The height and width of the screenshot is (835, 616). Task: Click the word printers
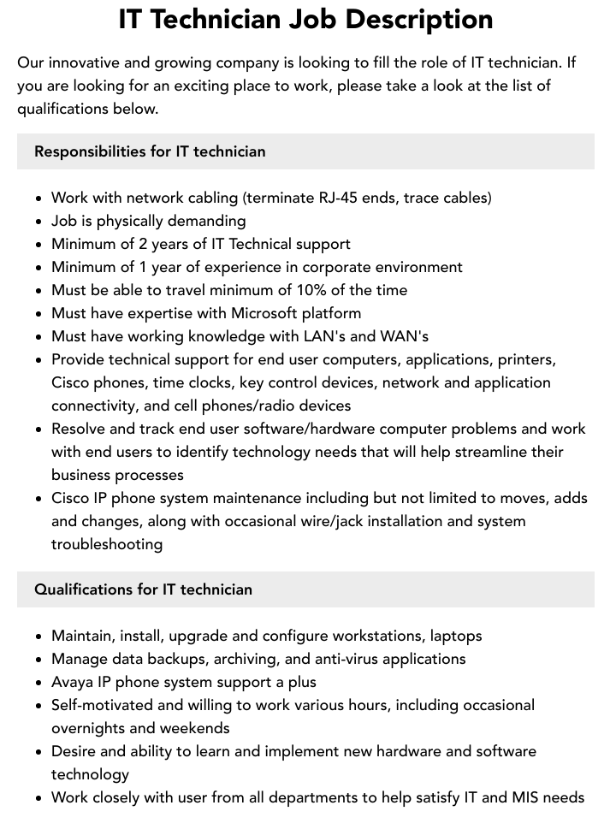coord(525,359)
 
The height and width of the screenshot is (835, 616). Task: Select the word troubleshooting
coord(107,544)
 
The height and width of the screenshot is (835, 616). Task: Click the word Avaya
coord(74,682)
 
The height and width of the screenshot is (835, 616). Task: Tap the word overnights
coord(91,728)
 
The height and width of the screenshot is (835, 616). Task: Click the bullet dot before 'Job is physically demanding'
coord(38,222)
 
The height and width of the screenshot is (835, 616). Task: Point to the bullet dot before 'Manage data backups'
coord(38,660)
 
